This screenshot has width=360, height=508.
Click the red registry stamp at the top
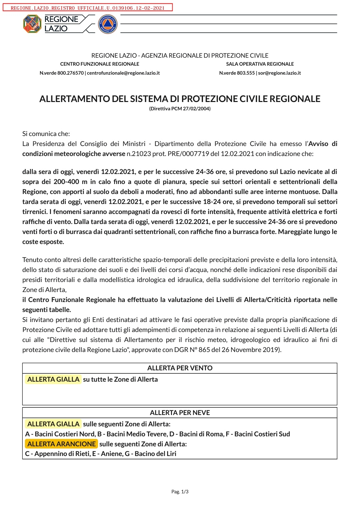[88, 8]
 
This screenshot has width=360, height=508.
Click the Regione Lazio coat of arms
[32, 24]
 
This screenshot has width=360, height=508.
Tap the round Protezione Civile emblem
[108, 24]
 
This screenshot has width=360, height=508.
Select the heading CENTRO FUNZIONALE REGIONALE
[100, 64]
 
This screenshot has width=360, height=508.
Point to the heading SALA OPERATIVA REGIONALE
[260, 64]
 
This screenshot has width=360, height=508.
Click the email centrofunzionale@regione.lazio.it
[123, 73]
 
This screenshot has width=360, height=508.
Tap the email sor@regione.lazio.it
[279, 73]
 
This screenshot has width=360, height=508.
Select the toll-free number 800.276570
[70, 73]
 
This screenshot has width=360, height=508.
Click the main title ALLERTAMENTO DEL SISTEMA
[180, 99]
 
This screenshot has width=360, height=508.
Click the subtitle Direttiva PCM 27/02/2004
[180, 109]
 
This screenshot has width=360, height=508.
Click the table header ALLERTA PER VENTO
[180, 368]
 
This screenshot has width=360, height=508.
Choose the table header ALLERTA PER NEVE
[180, 413]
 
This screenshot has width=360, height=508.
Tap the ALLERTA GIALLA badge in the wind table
[53, 379]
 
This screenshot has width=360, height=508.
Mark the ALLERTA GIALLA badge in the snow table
[53, 424]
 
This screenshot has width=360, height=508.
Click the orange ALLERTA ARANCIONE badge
[61, 444]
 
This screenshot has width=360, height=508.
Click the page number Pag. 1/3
[180, 492]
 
